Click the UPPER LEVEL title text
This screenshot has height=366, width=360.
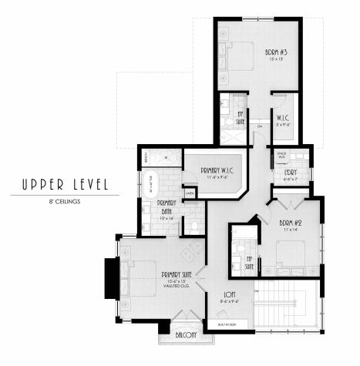[59, 185]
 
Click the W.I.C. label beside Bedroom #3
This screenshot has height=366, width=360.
[281, 118]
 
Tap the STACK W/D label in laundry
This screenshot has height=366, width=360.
[281, 155]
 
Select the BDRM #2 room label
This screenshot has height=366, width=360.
[292, 224]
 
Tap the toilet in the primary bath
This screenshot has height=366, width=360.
[195, 226]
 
